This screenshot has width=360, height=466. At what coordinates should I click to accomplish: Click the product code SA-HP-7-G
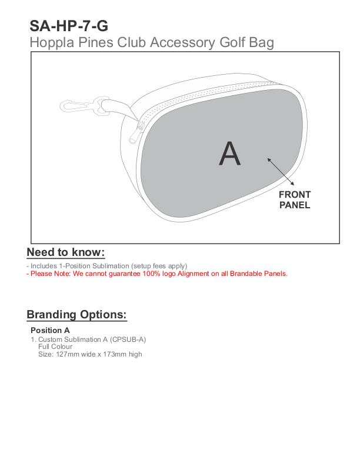point(68,25)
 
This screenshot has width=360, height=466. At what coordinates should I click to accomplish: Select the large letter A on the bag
point(229,154)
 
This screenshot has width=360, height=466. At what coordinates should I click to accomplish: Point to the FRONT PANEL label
point(295,200)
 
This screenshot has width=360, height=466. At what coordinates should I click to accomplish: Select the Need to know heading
point(66,252)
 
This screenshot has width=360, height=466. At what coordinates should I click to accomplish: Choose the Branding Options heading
point(76,314)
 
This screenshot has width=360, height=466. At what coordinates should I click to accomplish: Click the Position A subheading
point(50,330)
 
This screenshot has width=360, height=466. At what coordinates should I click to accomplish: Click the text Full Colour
point(55,347)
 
